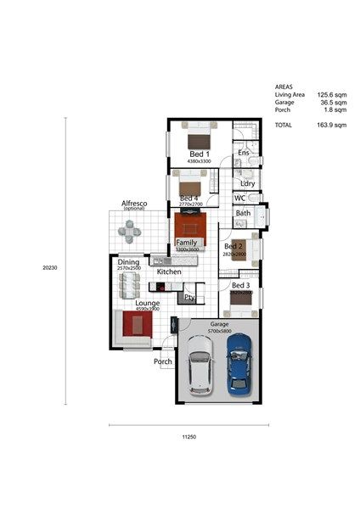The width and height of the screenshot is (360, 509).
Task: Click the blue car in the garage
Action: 240,361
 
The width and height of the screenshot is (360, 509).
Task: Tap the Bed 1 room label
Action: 200,154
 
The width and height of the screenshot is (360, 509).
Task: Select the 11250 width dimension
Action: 188,436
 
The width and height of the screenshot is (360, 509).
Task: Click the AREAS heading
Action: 284,87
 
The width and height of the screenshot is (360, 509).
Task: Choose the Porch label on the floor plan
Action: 163,361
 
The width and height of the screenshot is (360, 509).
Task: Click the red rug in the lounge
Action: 136,324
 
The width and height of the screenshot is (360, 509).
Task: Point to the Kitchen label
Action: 169,271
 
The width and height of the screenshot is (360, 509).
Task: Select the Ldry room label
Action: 248,183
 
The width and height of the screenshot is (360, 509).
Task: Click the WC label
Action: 240,199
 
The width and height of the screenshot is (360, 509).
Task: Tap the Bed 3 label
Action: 241,286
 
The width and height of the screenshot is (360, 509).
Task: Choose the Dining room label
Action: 129,263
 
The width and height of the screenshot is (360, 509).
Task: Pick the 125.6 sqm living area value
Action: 332,95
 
